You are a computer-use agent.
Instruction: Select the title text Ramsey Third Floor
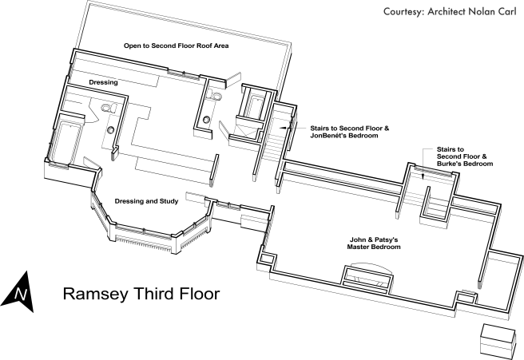(x=141, y=295)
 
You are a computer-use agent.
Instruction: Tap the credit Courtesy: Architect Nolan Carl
(x=450, y=12)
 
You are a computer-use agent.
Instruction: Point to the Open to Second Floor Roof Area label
(x=176, y=45)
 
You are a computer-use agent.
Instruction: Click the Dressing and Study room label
(x=146, y=201)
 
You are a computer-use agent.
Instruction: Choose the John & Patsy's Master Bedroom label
(x=374, y=243)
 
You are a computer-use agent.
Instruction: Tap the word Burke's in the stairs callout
(x=447, y=164)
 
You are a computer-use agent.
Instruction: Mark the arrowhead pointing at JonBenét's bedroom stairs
(x=283, y=128)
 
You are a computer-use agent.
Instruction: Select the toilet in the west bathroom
(x=109, y=108)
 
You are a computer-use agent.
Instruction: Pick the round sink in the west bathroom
(x=110, y=130)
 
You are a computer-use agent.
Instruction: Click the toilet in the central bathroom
(x=215, y=96)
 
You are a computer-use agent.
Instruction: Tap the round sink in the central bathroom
(x=207, y=119)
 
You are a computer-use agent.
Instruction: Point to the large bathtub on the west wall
(x=65, y=143)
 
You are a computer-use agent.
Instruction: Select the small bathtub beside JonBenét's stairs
(x=256, y=106)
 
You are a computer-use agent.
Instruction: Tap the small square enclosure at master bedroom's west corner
(x=268, y=259)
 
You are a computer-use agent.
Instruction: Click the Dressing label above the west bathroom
(x=103, y=82)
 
